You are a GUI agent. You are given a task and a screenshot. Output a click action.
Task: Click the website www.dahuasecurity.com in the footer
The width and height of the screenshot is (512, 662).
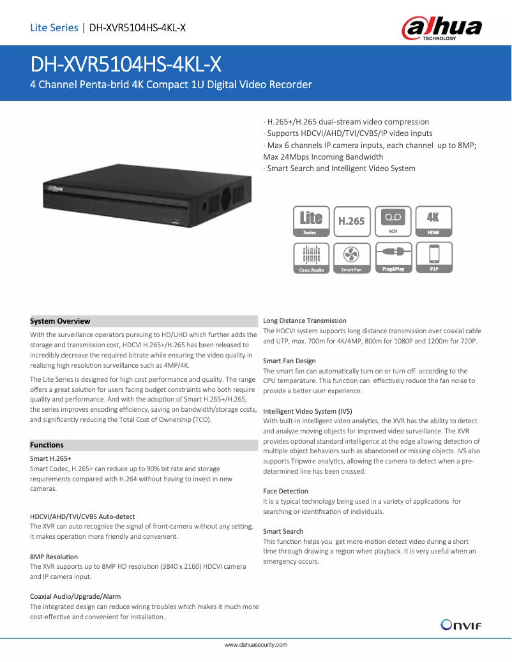255,645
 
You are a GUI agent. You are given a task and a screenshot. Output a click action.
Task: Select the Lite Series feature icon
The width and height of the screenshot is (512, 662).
312,222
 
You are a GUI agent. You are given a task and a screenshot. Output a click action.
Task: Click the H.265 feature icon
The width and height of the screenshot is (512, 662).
351,222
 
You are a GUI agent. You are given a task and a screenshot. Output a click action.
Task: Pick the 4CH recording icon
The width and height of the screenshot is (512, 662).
393,222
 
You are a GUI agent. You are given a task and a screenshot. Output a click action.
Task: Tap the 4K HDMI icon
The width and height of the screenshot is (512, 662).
433,222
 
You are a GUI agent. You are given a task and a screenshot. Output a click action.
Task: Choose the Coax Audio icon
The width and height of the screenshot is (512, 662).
312,259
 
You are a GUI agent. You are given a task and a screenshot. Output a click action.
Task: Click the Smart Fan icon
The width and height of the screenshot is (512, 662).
351,259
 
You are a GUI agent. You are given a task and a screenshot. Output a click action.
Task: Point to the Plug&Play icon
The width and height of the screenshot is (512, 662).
393,259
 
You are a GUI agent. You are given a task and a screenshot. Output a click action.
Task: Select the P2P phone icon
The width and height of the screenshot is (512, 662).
433,259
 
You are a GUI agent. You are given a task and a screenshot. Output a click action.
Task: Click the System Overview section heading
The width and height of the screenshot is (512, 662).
60,321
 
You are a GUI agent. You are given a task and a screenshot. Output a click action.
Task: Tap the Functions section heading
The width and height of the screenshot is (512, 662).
47,445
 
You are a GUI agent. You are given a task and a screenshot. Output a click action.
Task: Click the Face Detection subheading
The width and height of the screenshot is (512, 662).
285,491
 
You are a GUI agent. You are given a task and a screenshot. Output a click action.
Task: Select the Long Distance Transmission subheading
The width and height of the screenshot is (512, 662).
305,320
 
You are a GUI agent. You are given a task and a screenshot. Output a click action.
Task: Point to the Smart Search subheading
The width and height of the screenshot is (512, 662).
283,531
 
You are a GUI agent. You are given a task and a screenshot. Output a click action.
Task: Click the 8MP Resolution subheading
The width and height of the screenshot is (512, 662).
54,557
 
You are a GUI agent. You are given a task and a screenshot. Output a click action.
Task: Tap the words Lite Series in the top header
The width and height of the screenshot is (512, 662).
54,27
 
